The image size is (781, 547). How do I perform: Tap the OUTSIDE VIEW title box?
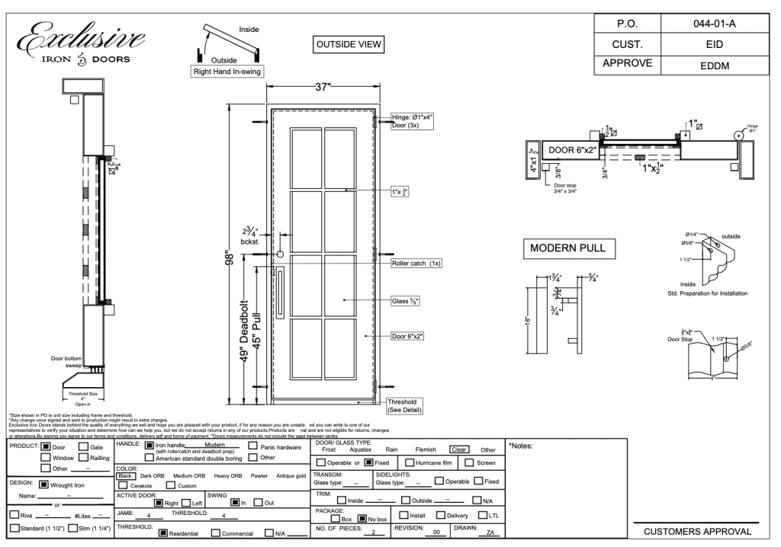tap(348, 45)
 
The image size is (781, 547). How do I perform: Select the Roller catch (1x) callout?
tap(417, 263)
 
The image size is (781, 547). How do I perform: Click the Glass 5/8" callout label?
tap(406, 301)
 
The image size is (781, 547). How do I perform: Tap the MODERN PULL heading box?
tap(569, 249)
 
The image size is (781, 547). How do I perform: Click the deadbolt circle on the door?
tap(280, 254)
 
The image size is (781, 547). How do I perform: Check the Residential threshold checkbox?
tap(162, 533)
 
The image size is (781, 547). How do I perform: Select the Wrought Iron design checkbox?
tap(43, 482)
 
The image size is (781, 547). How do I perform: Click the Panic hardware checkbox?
tap(254, 447)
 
